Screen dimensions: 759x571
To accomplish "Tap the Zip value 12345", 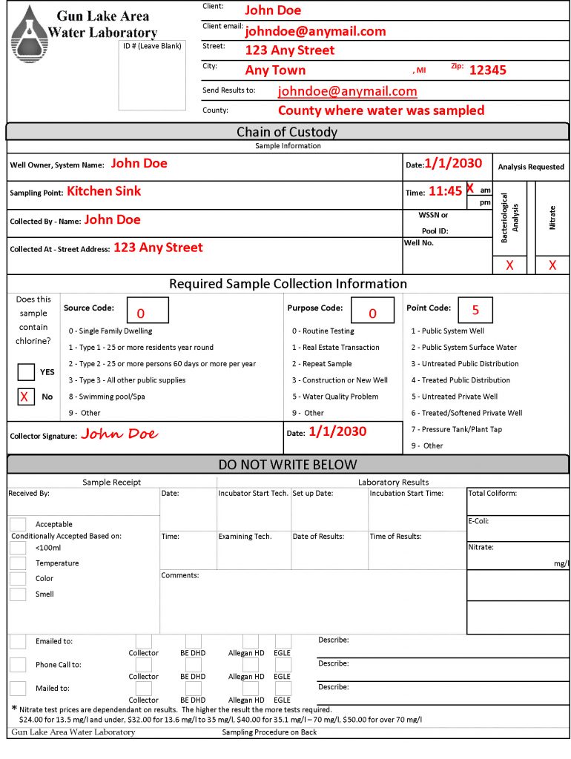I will tap(488, 70).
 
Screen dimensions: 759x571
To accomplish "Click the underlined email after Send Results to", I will tap(347, 91).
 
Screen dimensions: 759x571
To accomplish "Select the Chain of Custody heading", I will tap(287, 132).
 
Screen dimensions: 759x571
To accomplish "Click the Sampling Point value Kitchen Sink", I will tap(104, 191).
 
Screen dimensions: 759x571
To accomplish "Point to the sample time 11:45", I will tap(445, 191).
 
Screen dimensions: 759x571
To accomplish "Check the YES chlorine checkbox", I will tap(26, 371).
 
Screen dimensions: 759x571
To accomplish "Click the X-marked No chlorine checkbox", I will tap(26, 397).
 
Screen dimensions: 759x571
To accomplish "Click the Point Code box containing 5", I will tap(475, 310).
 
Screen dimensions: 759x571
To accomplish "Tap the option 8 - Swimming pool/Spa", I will tap(107, 397).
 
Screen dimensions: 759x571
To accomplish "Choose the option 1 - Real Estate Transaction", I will tap(335, 348).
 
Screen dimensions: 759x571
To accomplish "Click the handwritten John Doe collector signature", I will tap(119, 434).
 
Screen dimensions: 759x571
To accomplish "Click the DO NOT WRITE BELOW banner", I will tap(287, 465).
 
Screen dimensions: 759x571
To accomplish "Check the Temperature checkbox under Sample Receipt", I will tap(18, 563).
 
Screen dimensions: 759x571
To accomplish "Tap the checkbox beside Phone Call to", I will tap(18, 665).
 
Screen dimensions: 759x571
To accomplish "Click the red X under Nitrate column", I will tap(552, 265).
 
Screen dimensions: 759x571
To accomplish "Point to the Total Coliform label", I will tap(492, 494).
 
